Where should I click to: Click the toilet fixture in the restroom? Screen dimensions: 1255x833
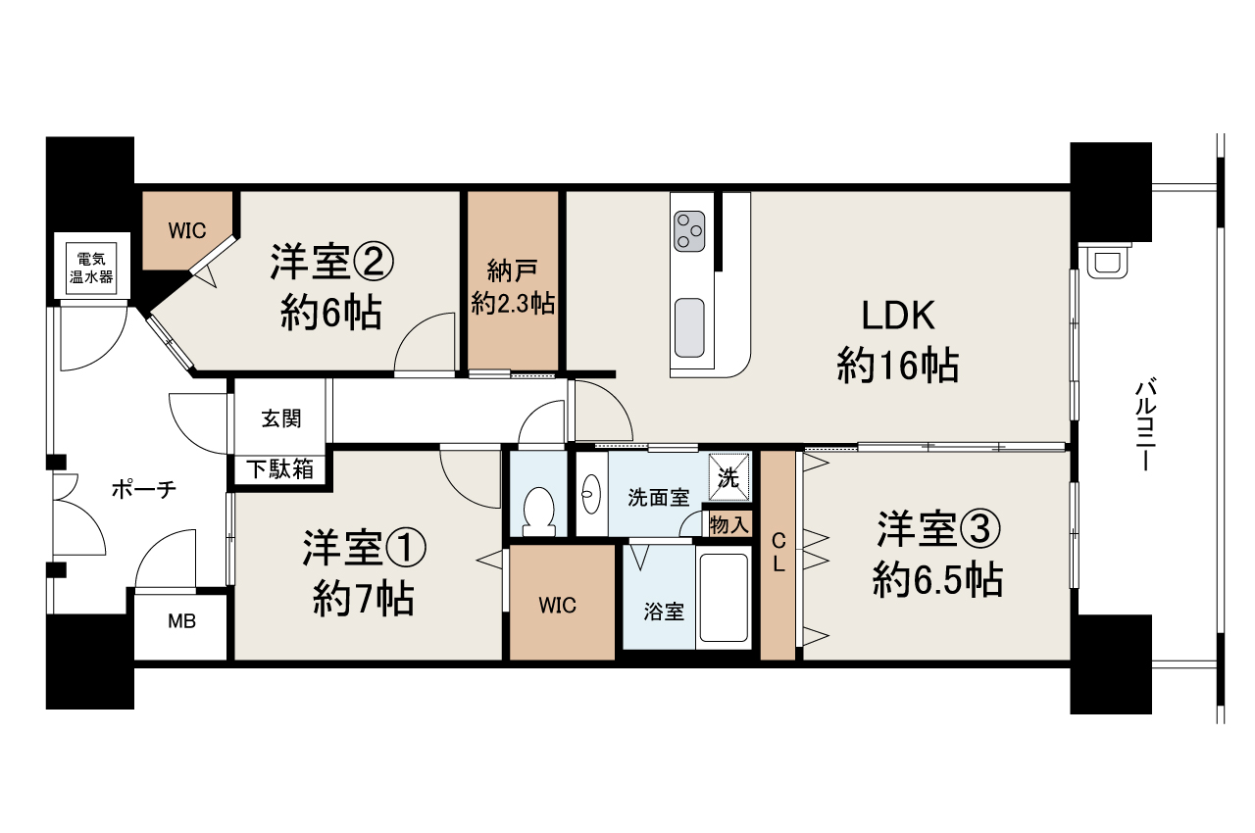point(538,511)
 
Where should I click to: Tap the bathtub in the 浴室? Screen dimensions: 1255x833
point(724,598)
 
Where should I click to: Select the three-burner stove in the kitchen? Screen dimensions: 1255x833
point(689,231)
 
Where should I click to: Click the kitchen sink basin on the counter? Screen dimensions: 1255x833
point(689,327)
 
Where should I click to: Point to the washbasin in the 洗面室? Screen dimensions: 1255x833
point(591,494)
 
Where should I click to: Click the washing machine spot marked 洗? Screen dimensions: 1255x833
point(728,477)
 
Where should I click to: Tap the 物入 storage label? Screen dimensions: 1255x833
point(728,525)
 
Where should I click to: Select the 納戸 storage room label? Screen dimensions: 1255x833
point(513,271)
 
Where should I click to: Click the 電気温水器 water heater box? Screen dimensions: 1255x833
point(91,268)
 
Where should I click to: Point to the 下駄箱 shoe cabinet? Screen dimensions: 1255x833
point(279,469)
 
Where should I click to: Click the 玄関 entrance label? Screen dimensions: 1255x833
point(281,418)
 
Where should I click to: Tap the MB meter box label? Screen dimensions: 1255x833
point(182,621)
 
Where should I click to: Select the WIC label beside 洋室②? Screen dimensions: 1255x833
point(187,230)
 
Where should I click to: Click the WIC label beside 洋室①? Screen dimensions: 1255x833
point(557,605)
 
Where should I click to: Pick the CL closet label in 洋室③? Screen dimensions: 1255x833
point(778,553)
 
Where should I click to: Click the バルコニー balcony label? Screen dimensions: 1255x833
point(1143,425)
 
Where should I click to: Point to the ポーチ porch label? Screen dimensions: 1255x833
point(144,489)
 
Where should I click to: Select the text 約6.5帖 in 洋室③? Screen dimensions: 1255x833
point(937,580)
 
